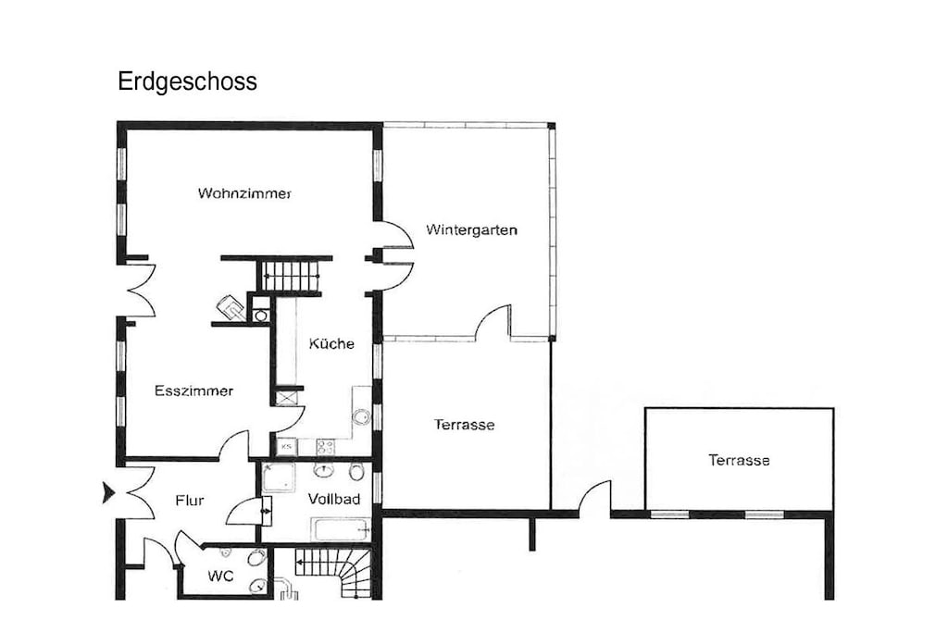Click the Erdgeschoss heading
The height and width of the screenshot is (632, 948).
click(x=187, y=81)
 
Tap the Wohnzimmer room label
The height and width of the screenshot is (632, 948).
click(x=244, y=193)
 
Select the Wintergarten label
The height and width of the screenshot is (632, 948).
click(x=471, y=229)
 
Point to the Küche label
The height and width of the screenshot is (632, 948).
click(x=331, y=343)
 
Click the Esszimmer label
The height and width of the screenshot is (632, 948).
click(x=193, y=390)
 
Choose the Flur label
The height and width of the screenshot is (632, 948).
click(x=189, y=501)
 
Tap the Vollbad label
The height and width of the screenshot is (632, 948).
click(x=333, y=499)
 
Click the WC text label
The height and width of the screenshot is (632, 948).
click(x=220, y=576)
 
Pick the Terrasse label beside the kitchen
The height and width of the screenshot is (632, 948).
click(x=465, y=425)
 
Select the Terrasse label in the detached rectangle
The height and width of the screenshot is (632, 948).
click(x=739, y=461)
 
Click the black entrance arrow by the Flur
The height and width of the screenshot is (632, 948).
click(x=109, y=492)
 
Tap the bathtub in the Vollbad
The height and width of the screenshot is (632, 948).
click(x=341, y=529)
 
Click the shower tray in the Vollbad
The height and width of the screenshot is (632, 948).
click(x=279, y=477)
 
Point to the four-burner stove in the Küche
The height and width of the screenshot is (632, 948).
click(x=325, y=447)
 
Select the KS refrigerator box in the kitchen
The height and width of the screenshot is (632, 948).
click(x=287, y=447)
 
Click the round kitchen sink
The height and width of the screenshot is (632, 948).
click(x=362, y=417)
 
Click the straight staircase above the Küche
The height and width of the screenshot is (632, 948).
click(x=291, y=276)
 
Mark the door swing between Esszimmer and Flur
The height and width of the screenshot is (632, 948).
click(x=233, y=445)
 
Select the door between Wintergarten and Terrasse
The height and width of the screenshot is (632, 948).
click(x=493, y=321)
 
